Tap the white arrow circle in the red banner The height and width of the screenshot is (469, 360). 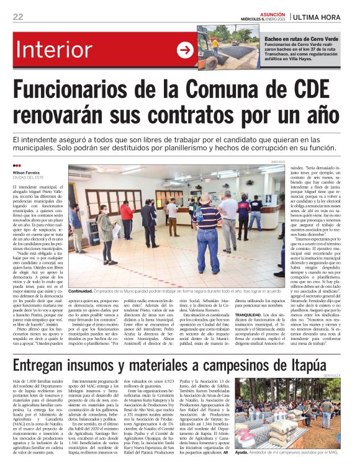pos(185,50)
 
